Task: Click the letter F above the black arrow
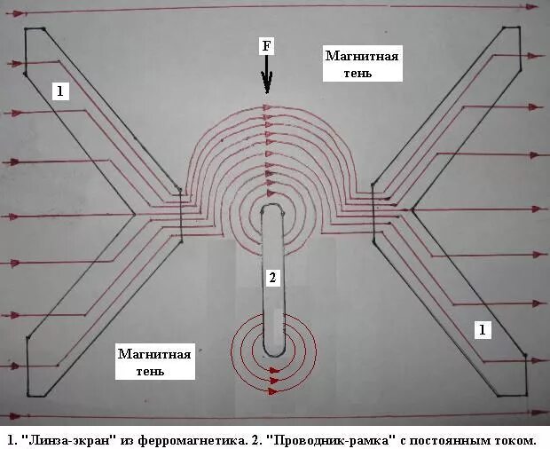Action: pyautogui.click(x=264, y=46)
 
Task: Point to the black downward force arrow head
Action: pyautogui.click(x=265, y=86)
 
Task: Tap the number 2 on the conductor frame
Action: pyautogui.click(x=273, y=279)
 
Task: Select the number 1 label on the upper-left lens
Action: pyautogui.click(x=59, y=91)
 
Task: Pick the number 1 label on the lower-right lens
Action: pyautogui.click(x=483, y=330)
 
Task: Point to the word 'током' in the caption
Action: pyautogui.click(x=515, y=439)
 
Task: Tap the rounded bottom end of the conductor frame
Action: pyautogui.click(x=273, y=351)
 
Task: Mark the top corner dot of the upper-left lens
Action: pyautogui.click(x=27, y=29)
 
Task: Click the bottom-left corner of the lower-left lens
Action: pyautogui.click(x=28, y=396)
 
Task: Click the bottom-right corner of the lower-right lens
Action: pyautogui.click(x=525, y=396)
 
